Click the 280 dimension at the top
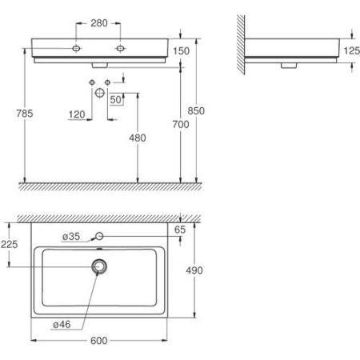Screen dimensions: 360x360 99,22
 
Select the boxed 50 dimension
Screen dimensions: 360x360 117,99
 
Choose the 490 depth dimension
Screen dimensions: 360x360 194,270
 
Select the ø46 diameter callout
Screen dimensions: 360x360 61,324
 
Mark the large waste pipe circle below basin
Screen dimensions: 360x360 99,93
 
